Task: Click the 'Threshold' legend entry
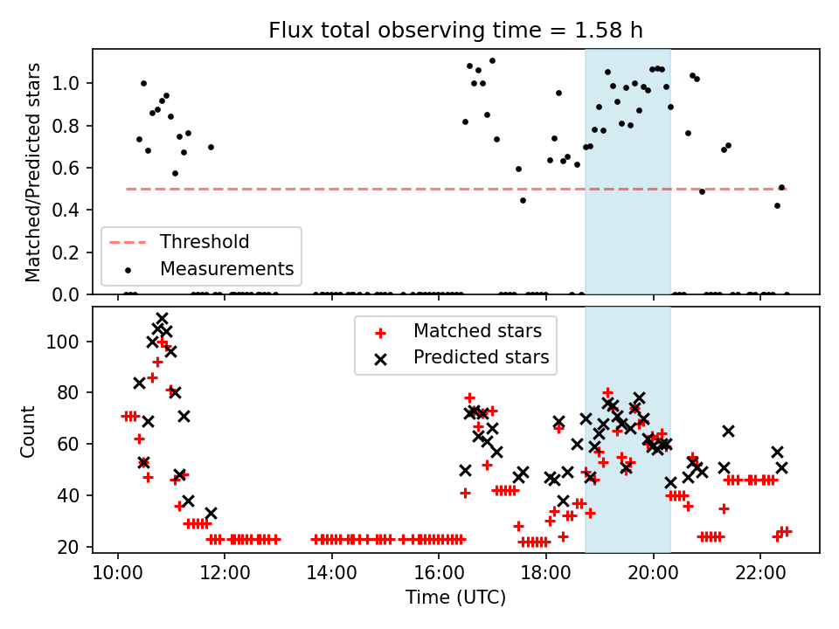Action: tap(205, 242)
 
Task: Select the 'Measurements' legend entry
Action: tap(227, 268)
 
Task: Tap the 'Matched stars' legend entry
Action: tap(477, 331)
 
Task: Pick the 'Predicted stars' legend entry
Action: tap(481, 356)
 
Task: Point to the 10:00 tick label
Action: tap(118, 573)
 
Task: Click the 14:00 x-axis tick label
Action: tap(332, 573)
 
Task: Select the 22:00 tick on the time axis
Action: tap(760, 573)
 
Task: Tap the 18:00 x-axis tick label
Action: tap(545, 573)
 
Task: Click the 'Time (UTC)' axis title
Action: tap(456, 598)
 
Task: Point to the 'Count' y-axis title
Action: tap(27, 432)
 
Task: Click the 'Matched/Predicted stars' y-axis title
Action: tap(32, 172)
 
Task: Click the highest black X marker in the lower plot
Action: tap(162, 318)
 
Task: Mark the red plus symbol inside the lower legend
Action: tap(380, 333)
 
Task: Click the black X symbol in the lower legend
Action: tap(380, 359)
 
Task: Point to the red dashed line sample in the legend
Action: tap(128, 243)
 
